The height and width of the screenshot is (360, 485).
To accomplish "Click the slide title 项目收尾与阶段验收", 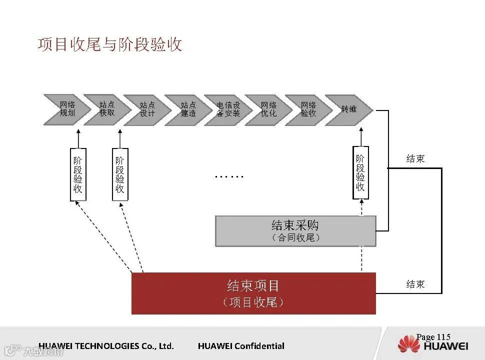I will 110,44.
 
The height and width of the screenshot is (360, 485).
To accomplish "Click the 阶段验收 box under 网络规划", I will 78,174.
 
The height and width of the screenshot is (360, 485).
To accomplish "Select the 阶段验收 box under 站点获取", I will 120,174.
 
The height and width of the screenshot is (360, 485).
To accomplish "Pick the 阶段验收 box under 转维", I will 360,172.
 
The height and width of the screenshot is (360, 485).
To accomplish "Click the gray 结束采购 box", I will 295,231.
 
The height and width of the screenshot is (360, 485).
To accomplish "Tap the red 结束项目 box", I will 253,293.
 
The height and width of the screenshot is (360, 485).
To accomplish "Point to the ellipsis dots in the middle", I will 229,176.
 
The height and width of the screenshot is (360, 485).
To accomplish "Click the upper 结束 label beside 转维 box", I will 415,159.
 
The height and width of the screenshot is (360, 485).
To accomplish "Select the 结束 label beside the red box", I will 415,284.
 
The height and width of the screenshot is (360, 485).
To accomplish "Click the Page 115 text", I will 433,337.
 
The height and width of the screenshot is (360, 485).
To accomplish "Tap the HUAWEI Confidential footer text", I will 241,346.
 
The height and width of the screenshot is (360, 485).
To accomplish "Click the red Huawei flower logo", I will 409,344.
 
